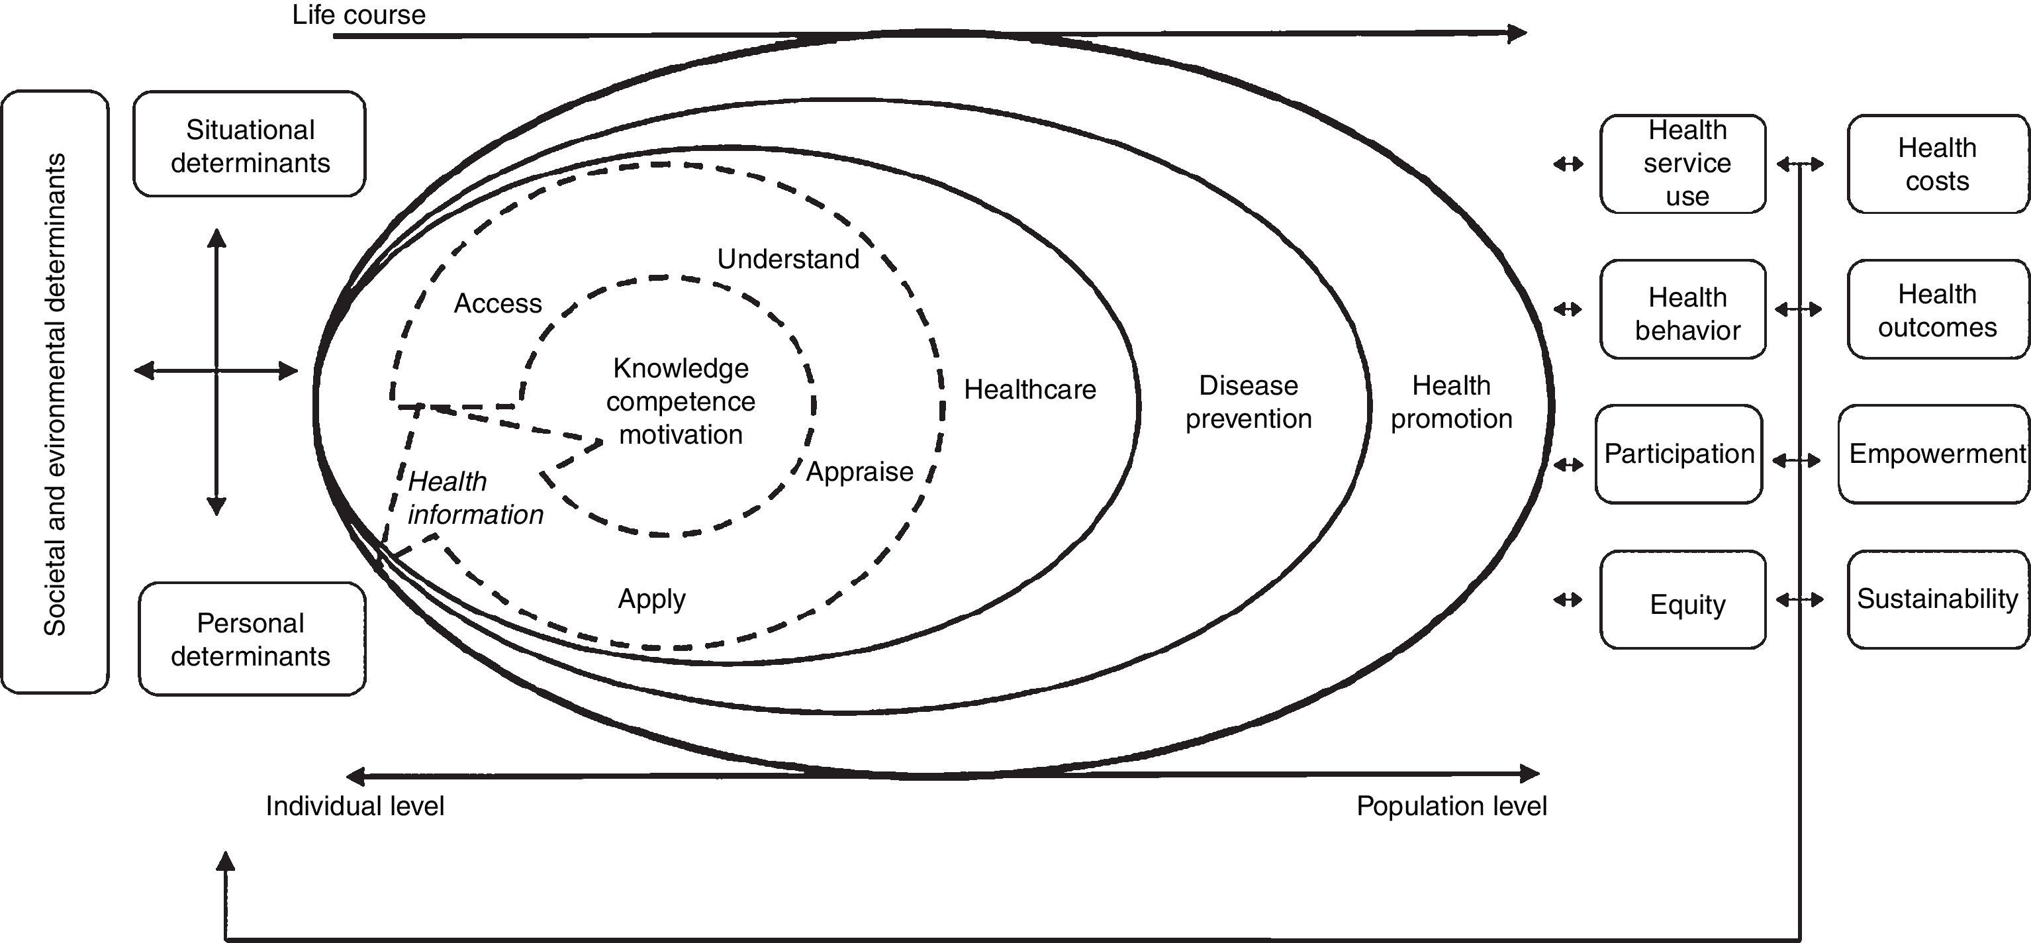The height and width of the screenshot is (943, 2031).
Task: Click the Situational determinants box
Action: (x=249, y=144)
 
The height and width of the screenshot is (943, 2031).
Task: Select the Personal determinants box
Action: (x=252, y=638)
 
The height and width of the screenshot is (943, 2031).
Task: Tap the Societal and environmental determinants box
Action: (x=54, y=392)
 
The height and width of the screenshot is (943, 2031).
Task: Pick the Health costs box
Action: (x=1936, y=164)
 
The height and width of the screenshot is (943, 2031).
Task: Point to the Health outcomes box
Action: (x=1936, y=310)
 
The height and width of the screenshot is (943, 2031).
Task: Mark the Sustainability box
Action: (x=1936, y=599)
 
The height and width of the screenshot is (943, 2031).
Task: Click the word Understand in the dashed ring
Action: (x=788, y=260)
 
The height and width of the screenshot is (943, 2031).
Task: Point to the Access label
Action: (x=498, y=303)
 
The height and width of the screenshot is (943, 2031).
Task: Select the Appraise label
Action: (x=859, y=471)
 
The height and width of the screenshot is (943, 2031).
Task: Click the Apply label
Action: (x=651, y=599)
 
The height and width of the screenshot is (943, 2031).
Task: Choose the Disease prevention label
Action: (x=1248, y=402)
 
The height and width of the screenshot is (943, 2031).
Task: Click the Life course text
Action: (x=359, y=15)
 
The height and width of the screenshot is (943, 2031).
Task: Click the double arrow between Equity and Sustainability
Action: (x=1799, y=601)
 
